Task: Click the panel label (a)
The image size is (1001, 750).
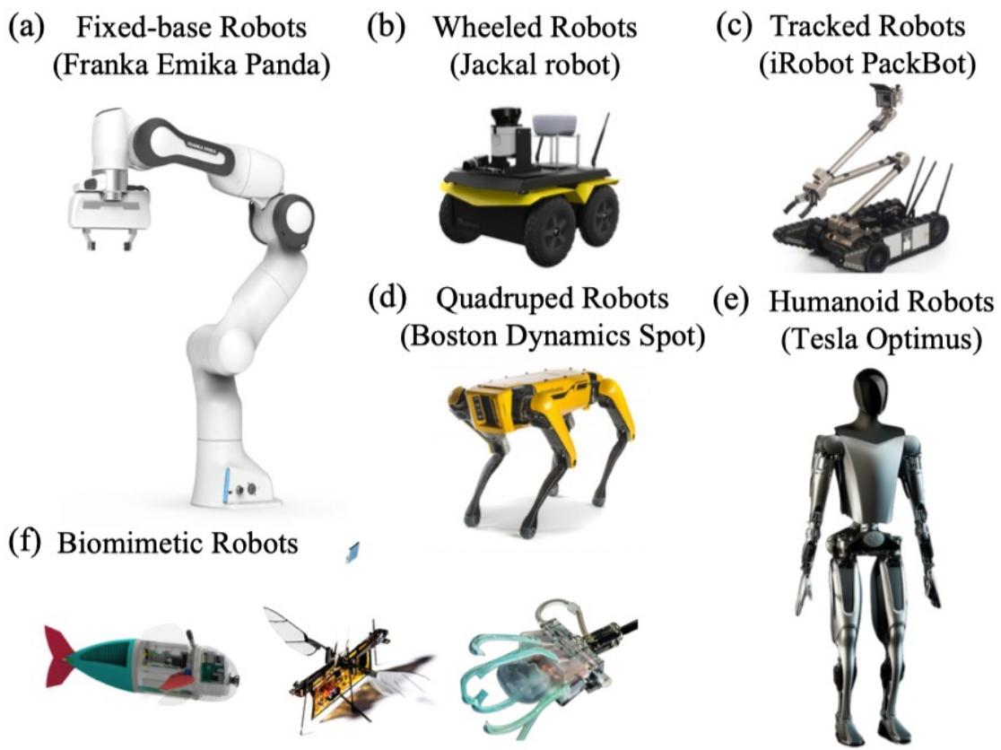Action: [25, 28]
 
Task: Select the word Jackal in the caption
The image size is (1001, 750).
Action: [492, 65]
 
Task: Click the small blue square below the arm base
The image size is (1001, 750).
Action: [353, 553]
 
